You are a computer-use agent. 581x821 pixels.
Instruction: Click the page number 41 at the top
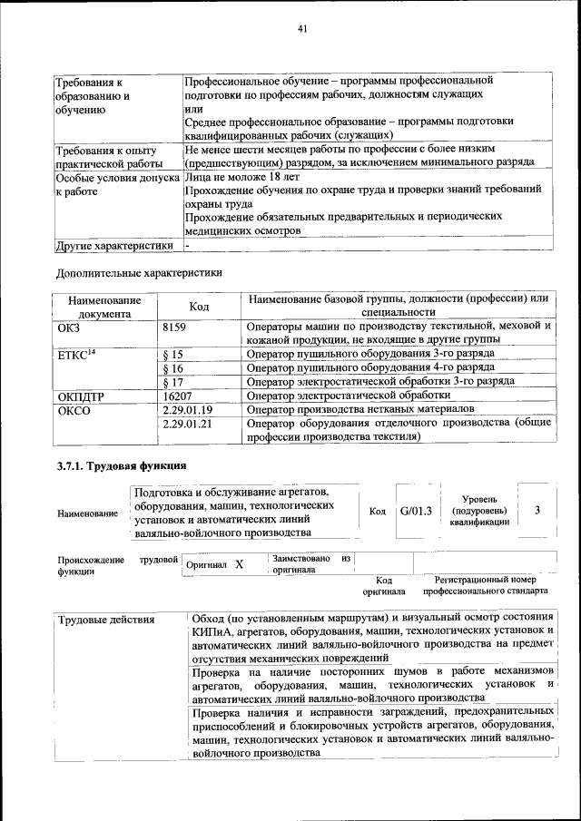[302, 29]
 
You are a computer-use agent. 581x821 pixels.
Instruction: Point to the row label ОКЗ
[69, 327]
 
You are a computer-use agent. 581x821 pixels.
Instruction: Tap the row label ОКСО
[74, 409]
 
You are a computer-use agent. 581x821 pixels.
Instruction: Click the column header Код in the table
[200, 307]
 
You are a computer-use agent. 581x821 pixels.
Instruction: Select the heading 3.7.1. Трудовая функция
[116, 467]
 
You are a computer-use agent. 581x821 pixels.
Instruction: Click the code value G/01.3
[418, 511]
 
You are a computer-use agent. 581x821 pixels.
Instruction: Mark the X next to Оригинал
[239, 564]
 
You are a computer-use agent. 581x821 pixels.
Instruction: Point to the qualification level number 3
[537, 511]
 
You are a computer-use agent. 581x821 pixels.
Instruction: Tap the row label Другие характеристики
[113, 245]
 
